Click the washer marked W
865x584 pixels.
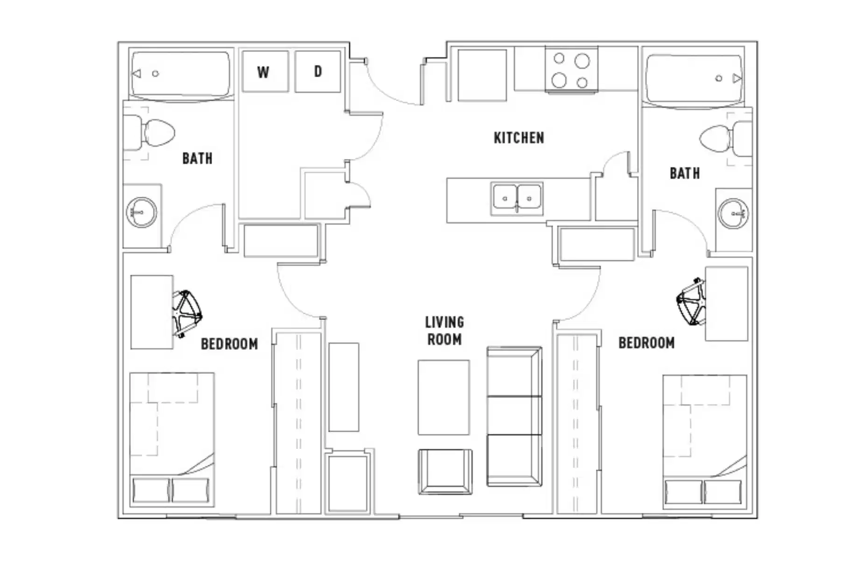(264, 72)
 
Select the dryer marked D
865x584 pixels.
(318, 72)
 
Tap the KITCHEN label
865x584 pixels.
(518, 138)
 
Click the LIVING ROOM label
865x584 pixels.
(444, 331)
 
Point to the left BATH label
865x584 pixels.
(197, 159)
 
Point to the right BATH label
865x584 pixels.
(684, 173)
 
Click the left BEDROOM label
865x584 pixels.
(229, 344)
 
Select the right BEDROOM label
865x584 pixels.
(646, 343)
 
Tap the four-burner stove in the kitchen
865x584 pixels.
(571, 70)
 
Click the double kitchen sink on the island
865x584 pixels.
(517, 199)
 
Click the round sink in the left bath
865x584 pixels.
(142, 213)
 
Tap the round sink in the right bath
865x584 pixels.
(733, 214)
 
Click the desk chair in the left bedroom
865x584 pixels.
(187, 312)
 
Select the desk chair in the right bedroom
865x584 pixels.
(691, 302)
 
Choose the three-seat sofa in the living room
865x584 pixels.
(514, 416)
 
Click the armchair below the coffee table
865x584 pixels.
(445, 471)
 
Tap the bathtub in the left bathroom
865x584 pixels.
(181, 74)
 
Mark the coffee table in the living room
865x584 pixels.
(443, 397)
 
